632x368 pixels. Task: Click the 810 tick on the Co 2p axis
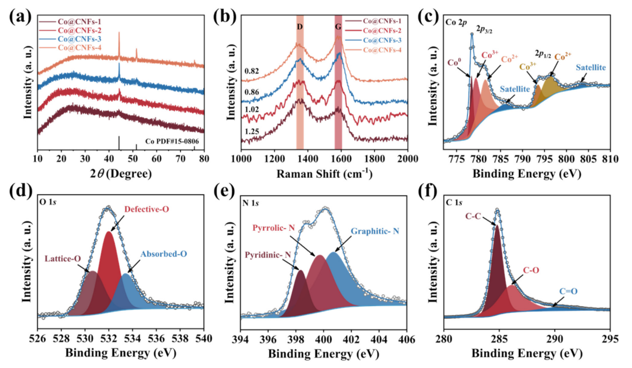pyautogui.click(x=610, y=159)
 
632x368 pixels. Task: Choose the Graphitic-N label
pyautogui.click(x=374, y=231)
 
